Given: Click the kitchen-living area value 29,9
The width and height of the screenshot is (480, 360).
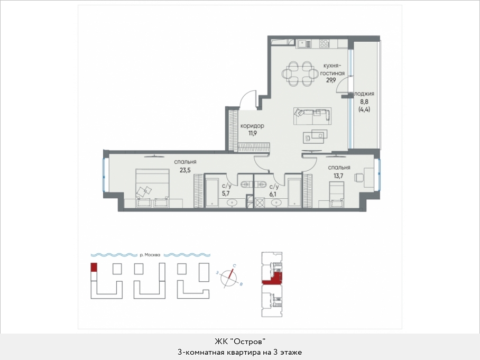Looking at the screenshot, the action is point(331,80).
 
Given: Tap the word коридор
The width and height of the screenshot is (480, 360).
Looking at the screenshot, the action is point(252,126).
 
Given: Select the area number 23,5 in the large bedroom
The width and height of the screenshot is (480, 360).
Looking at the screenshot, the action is point(185,170).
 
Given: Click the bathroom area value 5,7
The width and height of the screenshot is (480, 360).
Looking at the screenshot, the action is point(226,193).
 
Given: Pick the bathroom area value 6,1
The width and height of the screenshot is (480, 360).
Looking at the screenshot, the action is point(273,194).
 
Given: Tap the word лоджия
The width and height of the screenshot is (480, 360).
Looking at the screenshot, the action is point(364,94).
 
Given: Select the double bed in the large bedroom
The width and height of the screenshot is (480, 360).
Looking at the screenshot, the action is point(152,188).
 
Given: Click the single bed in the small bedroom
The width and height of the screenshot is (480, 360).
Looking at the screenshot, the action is point(336,195).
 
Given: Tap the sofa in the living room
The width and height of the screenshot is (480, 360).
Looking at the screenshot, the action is point(312,116).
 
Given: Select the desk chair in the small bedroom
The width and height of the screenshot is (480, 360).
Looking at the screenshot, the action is point(359,177).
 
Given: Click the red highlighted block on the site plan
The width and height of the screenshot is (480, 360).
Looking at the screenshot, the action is point(94,267).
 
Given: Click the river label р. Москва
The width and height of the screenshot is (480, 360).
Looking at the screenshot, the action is point(150,255).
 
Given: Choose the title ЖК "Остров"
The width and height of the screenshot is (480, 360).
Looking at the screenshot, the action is point(239,341).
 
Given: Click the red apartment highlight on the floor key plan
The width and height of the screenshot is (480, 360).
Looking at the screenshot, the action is point(273,279).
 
